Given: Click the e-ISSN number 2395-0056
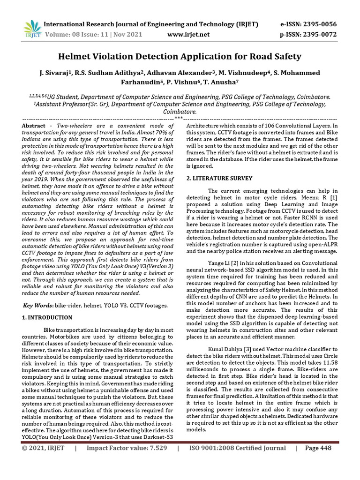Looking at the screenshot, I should (318, 24).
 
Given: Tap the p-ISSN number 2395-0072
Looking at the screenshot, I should (318, 34).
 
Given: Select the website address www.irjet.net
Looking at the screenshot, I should (189, 34).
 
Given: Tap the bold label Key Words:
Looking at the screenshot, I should (38, 306).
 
